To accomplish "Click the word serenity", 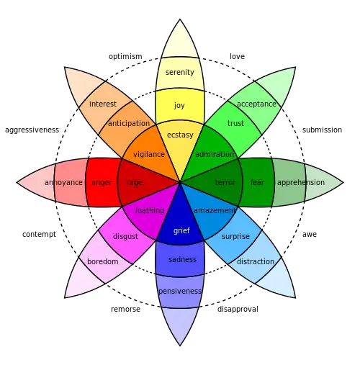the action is [180, 72].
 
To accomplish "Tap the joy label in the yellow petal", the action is [179, 105].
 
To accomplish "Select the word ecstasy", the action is [180, 135].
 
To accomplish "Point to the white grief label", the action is [181, 230].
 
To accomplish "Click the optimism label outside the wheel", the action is [125, 57].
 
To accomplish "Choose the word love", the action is [237, 56].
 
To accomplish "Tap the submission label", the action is [322, 130].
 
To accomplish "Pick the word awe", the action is [310, 234].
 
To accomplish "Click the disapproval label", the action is [238, 309].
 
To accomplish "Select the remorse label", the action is [125, 309].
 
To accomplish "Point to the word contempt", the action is [39, 234].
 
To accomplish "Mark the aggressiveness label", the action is [32, 130].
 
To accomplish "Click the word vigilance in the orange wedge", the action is [149, 154].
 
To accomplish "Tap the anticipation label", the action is [129, 123].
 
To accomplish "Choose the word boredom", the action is [103, 261].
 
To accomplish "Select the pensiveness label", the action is [180, 291].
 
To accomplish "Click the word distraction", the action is [256, 261].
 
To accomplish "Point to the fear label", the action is [257, 182].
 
